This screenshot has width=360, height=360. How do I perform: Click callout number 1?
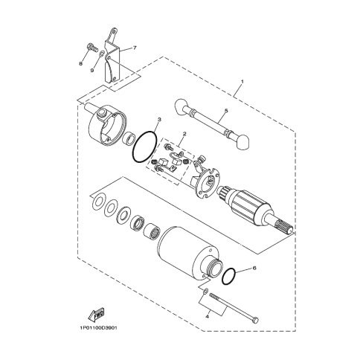(242, 81)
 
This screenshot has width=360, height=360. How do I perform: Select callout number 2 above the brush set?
(184, 134)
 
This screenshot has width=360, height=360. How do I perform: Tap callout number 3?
(159, 120)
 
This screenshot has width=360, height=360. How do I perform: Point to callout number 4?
(208, 317)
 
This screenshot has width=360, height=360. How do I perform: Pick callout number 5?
(226, 111)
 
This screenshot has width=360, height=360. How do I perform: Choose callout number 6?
(254, 269)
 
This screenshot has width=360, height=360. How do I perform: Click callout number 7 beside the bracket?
(135, 48)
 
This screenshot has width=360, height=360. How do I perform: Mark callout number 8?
(80, 64)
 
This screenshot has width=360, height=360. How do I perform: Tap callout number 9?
(92, 71)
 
